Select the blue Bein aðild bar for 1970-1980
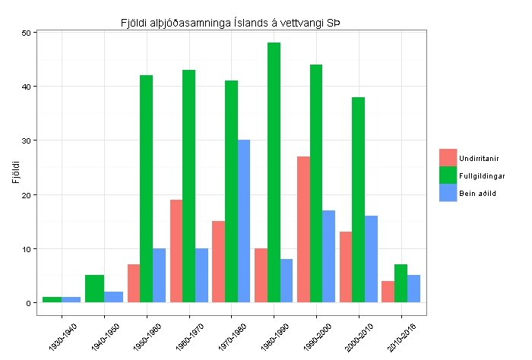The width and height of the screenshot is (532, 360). tap(244, 221)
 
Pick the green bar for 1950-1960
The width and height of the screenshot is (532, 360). tap(147, 189)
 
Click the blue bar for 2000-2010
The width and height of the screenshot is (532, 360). tap(371, 259)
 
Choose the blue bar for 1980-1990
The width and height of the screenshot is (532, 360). tap(286, 281)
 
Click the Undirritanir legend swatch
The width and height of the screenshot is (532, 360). tap(448, 157)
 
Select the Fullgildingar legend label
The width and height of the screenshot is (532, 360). tap(482, 175)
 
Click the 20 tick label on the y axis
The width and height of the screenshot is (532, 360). tap(26, 194)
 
